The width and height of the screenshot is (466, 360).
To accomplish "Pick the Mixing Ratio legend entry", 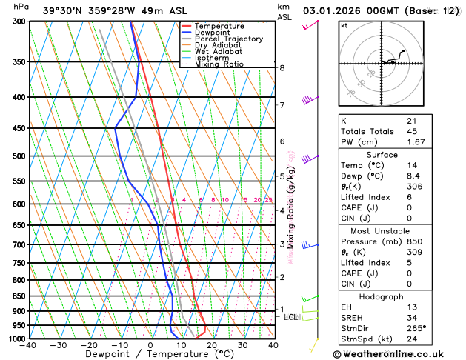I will point(219,64).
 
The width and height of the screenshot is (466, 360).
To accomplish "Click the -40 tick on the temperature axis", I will point(28,345).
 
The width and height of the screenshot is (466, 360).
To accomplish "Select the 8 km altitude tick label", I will point(282,68).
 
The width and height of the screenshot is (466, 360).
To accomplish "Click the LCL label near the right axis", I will point(290,317).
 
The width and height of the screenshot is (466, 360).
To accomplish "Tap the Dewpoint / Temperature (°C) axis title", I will point(150,354).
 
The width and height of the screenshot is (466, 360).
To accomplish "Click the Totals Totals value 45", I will point(412,131).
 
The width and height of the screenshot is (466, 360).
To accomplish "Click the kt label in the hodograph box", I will point(344,25).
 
